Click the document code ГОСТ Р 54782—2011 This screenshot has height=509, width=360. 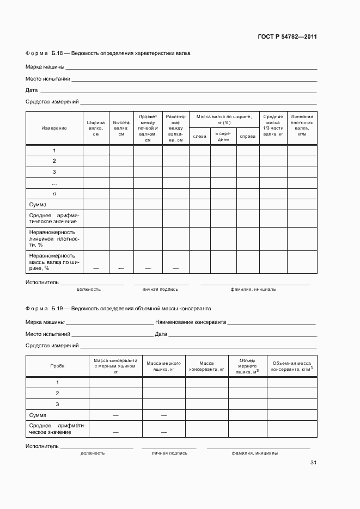pos(286,37)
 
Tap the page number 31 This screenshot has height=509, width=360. pos(313,463)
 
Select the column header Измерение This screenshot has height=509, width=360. pos(54,128)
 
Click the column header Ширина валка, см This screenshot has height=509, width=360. pos(95,128)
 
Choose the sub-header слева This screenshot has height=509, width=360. pos(200,136)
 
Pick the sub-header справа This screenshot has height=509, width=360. pos(247,136)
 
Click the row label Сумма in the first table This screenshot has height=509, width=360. pos(38,205)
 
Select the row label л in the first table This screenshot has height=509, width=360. pos(54,194)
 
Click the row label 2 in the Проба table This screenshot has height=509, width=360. pos(57,393)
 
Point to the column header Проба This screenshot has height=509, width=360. pos(57,366)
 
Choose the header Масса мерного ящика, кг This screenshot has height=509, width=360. pos(163,366)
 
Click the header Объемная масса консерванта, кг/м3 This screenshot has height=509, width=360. pos(291,366)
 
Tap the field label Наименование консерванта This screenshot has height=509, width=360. pos(191,322)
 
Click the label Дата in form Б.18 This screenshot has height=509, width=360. pos(32,90)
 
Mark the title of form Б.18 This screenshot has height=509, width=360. pos(108,53)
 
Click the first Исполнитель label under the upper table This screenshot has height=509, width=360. pos(41,283)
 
